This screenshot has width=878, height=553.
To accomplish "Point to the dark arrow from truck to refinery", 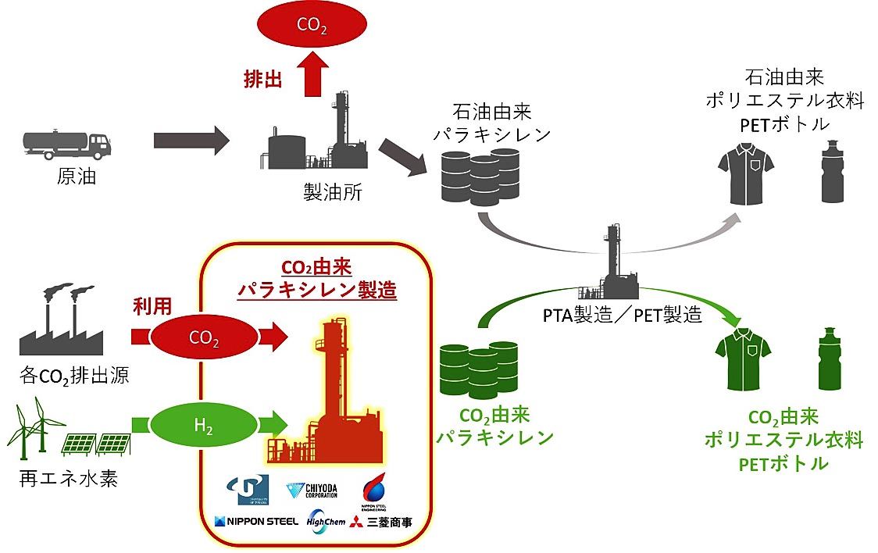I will click(191, 141).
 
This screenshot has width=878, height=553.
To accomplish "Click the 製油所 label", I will click(332, 192).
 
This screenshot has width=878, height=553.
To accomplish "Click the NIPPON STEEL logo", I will click(256, 521).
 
